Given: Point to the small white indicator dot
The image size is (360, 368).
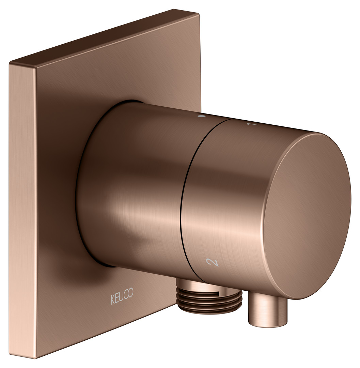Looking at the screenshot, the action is [201, 116].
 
